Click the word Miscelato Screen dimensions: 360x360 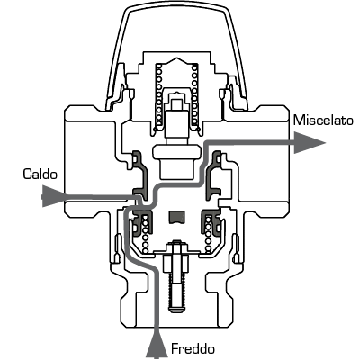tap(323, 121)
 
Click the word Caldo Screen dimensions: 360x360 tap(40, 174)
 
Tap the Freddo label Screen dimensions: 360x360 tap(193, 349)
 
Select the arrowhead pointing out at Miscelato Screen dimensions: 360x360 tap(310, 142)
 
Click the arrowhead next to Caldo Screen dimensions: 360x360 tap(53, 196)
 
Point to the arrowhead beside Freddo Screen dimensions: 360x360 tap(157, 345)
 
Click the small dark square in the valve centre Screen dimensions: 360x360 tap(175, 217)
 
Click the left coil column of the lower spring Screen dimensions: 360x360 tap(146, 233)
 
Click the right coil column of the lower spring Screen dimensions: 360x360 tap(208, 233)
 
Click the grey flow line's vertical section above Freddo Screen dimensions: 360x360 tap(156, 300)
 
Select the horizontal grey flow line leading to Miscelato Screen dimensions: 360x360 tap(249, 143)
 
